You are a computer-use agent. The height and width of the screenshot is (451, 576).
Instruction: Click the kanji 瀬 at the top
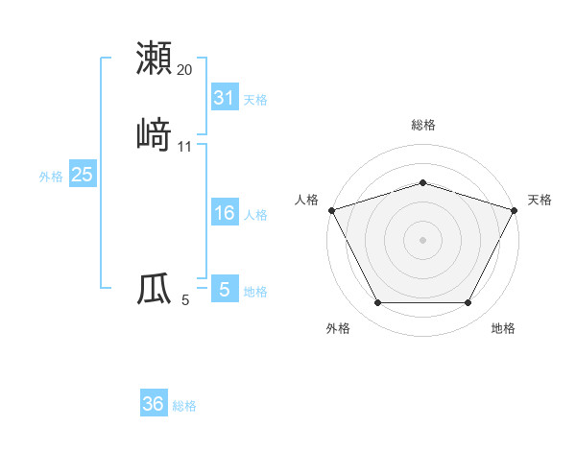click(154, 58)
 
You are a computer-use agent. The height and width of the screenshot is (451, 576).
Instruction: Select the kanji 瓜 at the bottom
click(154, 288)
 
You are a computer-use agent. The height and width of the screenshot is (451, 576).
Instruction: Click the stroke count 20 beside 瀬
click(185, 70)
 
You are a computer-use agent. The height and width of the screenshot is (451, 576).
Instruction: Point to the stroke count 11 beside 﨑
click(185, 147)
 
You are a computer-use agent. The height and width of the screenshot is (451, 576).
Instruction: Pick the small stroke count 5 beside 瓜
click(185, 300)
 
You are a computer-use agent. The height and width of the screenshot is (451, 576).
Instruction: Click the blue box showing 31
click(224, 98)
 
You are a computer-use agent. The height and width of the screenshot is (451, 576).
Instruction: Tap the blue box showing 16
click(224, 213)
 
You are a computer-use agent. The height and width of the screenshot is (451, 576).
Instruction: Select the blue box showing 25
click(82, 175)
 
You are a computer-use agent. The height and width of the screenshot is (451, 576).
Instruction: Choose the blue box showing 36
click(154, 404)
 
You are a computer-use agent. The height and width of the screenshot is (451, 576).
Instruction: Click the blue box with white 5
click(224, 289)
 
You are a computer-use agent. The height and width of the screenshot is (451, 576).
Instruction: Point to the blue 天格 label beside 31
click(255, 100)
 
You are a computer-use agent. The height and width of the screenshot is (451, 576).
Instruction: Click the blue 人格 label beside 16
click(255, 215)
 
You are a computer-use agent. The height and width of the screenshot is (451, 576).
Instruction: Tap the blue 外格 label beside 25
click(51, 177)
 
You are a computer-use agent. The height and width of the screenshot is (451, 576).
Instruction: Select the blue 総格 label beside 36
click(184, 406)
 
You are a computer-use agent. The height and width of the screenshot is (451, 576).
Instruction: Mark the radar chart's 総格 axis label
click(422, 125)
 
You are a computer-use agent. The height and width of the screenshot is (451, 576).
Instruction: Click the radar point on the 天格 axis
click(515, 209)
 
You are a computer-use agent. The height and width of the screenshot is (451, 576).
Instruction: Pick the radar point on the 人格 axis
click(331, 209)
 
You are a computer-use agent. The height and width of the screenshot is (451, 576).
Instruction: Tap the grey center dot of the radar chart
click(422, 239)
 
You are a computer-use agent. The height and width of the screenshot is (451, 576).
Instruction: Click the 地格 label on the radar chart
click(503, 328)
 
